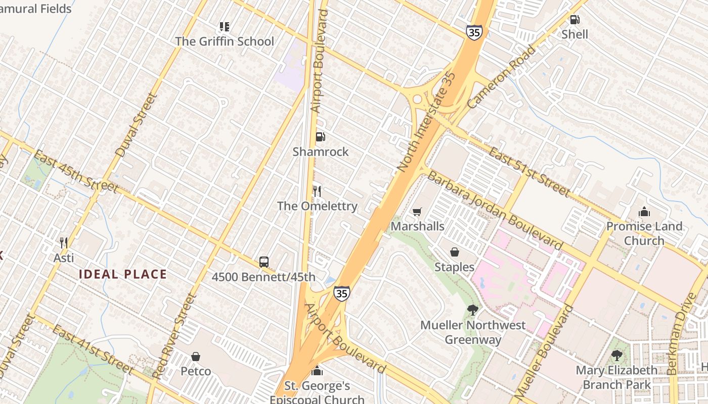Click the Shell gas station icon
574,20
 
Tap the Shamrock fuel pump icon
320,137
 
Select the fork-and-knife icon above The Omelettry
317,191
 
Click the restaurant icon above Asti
64,243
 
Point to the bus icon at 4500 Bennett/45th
263,262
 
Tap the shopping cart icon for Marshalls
417,212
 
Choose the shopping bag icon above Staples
455,252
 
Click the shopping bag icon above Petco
196,357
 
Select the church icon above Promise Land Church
644,211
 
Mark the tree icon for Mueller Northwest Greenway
473,310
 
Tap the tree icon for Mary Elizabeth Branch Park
616,355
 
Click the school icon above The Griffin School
225,26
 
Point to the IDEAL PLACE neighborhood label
123,275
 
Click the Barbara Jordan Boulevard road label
494,210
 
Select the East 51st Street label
529,172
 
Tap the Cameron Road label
501,77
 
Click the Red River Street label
174,336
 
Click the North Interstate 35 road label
427,122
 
